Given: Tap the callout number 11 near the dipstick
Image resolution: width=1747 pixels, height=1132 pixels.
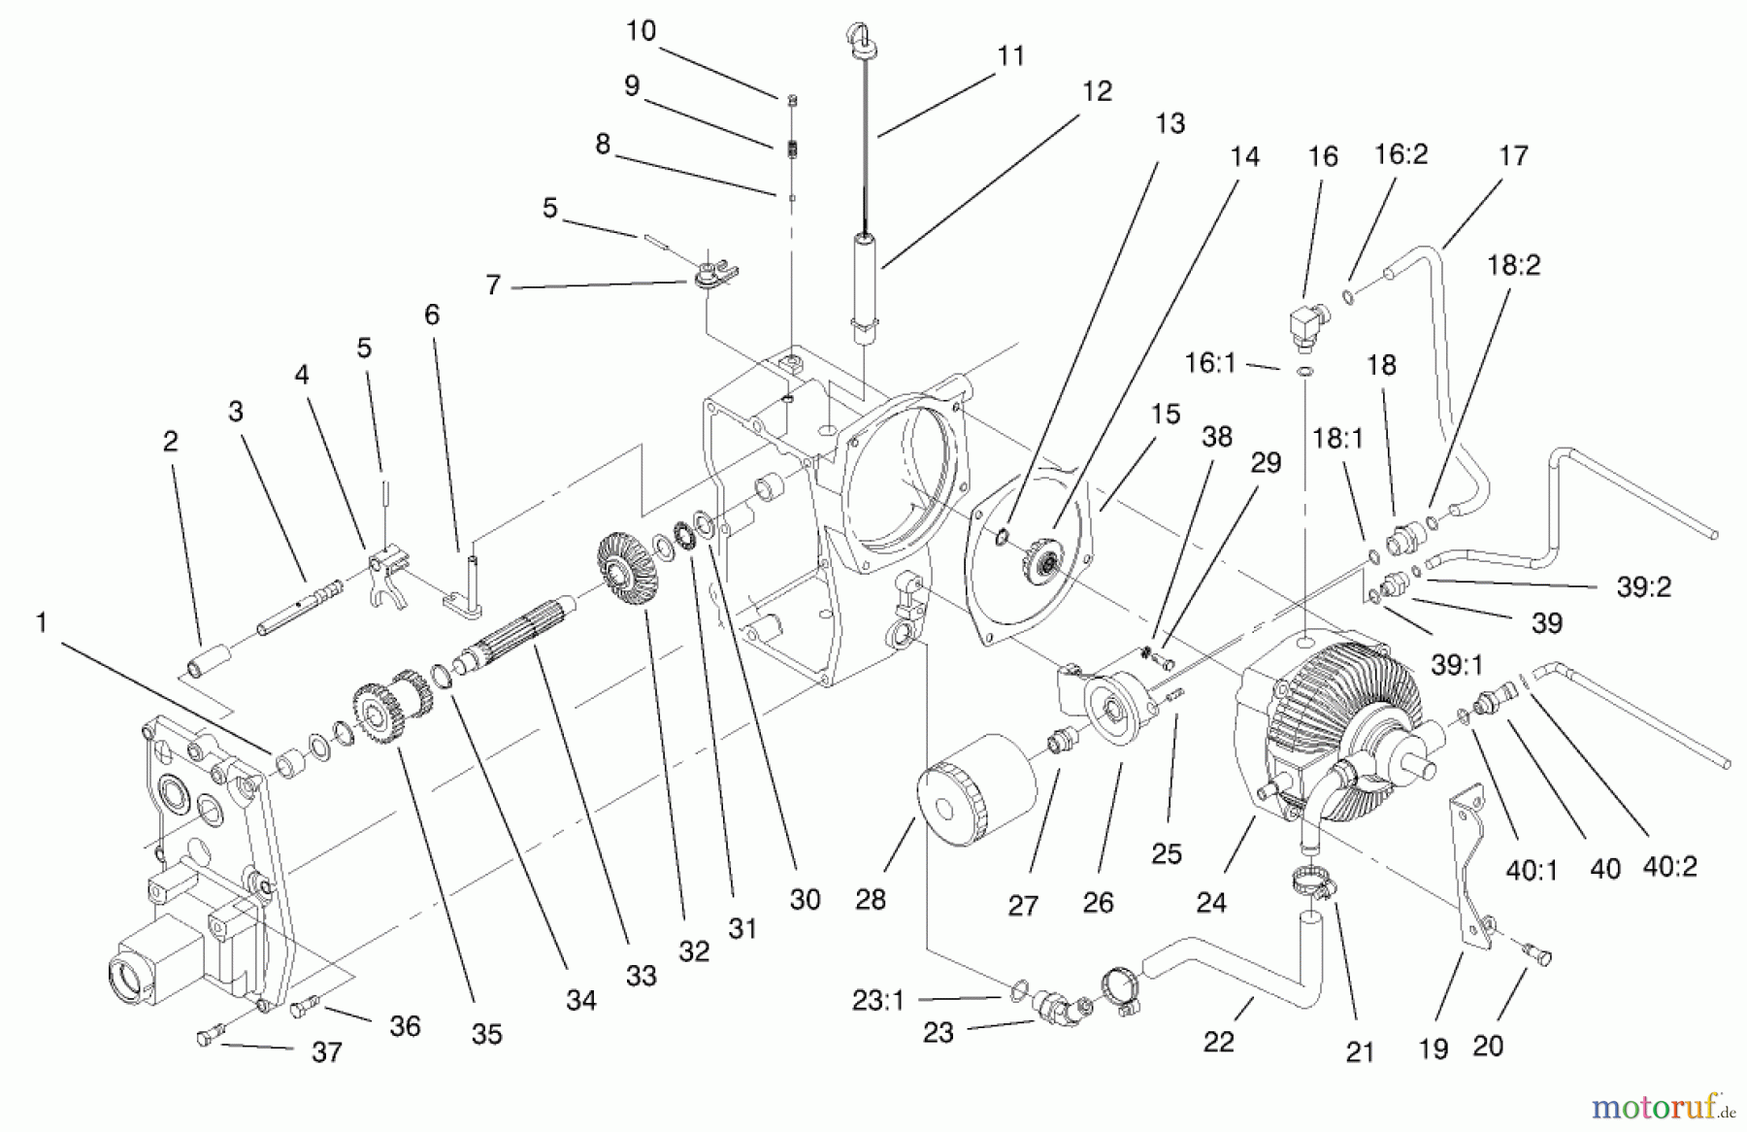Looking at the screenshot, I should point(1011,56).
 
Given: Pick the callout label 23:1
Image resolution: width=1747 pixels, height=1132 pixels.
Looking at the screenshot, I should point(878,1000).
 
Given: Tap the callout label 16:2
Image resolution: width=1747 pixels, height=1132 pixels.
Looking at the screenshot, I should point(1401,153).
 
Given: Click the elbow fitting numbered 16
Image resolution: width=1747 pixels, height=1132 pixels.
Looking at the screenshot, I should point(1303,325).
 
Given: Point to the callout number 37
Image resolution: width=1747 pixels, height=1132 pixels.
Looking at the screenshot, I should point(326,1052).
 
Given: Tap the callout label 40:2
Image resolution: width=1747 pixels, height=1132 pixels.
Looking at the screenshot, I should point(1670,867).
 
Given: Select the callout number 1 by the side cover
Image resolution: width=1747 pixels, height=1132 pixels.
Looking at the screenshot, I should point(41,622).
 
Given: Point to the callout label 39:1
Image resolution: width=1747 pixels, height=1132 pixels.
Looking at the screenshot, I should point(1456,665).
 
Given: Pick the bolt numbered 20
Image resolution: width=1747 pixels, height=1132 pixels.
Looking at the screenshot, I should point(1535,956).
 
